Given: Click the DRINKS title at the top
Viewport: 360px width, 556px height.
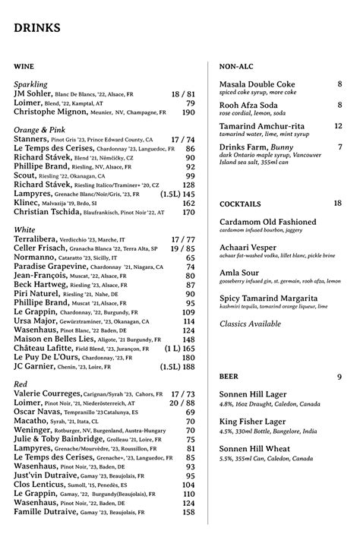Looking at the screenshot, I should [x=37, y=28].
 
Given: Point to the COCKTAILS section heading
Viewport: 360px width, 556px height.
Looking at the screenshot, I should [x=240, y=204].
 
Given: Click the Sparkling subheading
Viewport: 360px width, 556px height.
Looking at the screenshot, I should [x=31, y=84].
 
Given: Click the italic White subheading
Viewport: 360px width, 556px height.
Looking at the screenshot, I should [x=24, y=229].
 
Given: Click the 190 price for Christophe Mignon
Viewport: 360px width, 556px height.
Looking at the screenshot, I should [x=188, y=112].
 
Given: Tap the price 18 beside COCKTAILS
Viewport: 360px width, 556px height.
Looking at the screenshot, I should [x=337, y=203].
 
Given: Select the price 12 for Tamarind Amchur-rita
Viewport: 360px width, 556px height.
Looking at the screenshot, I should [x=338, y=126].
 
